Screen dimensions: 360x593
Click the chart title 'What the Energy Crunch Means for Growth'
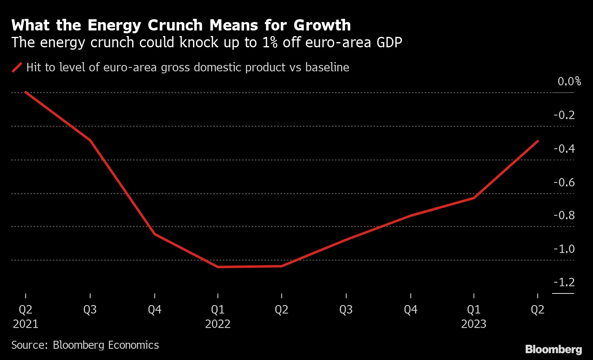click(181, 25)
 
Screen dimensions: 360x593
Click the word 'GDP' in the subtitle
click(389, 42)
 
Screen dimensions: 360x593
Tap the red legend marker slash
click(17, 67)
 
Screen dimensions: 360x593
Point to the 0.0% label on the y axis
click(569, 81)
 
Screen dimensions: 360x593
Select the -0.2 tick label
click(564, 115)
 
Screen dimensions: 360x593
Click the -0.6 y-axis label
click(564, 182)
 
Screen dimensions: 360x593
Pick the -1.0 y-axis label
click(564, 249)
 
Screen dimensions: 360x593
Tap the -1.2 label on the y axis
click(564, 282)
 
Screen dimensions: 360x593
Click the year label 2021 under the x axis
click(26, 324)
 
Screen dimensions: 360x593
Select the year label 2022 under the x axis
click(218, 324)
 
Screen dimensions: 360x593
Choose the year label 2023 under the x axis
click(474, 324)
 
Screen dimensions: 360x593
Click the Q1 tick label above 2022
click(218, 309)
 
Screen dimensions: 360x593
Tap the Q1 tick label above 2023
click(474, 309)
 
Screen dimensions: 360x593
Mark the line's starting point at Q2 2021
click(26, 92)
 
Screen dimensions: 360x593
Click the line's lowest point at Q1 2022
click(218, 267)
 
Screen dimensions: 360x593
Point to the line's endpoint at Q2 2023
click(537, 141)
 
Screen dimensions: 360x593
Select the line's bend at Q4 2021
click(155, 234)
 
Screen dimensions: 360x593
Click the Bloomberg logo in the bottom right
click(553, 349)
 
